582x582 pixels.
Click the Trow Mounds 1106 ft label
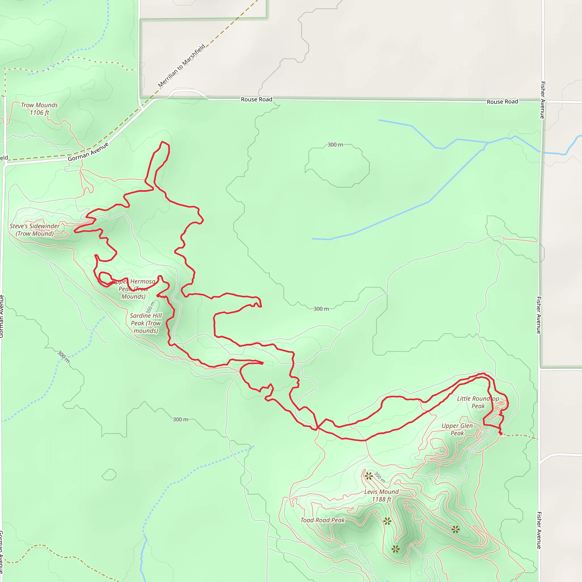(40, 109)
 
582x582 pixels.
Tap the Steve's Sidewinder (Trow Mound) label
(35, 230)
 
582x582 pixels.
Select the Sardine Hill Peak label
(146, 323)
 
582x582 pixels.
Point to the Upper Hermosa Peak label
(134, 289)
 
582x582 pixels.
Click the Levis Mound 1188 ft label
(381, 496)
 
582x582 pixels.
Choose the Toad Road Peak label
(323, 520)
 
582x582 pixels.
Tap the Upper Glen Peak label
(457, 430)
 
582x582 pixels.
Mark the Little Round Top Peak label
(478, 402)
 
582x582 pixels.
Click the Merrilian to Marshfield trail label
(182, 66)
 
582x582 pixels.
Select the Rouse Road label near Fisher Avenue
(502, 102)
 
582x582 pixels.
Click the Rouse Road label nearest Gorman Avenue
(257, 99)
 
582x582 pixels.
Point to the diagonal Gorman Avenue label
(88, 152)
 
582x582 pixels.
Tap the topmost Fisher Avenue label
(542, 100)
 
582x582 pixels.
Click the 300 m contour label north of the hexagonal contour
(335, 145)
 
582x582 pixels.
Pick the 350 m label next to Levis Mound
(380, 477)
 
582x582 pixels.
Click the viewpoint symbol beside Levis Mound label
(369, 476)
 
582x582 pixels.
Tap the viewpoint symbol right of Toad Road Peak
(387, 521)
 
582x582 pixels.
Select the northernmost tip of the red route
(162, 142)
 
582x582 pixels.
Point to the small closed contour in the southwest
(109, 475)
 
